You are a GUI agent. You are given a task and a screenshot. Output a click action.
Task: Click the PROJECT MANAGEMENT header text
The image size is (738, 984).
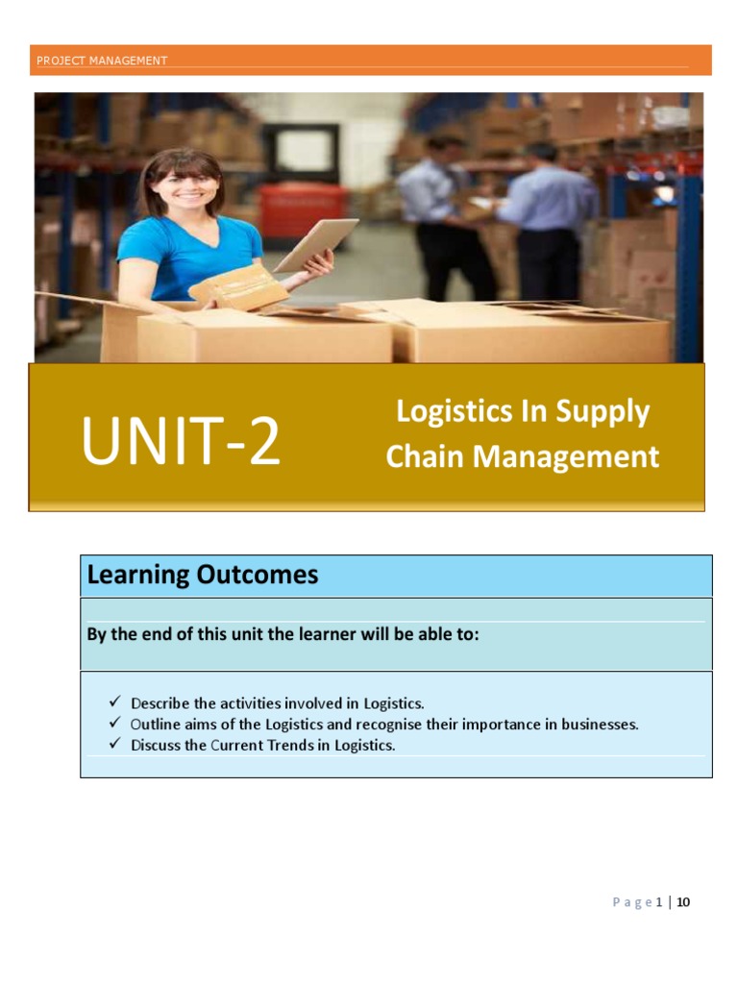[x=102, y=61]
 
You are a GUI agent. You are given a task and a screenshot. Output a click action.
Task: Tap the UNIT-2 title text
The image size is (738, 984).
[x=181, y=442]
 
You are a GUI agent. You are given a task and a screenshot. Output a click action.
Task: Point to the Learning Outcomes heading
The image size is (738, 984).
[x=203, y=576]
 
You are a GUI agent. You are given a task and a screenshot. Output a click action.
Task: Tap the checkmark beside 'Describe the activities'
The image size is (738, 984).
[x=114, y=702]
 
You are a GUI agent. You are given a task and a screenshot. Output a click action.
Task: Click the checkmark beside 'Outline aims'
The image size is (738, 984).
[x=114, y=724]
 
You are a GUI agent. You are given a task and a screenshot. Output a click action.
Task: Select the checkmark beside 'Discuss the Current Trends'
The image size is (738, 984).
[x=114, y=745]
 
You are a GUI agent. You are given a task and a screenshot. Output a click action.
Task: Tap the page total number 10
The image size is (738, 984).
[x=683, y=902]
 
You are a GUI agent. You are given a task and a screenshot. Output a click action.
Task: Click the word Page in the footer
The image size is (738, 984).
[x=632, y=902]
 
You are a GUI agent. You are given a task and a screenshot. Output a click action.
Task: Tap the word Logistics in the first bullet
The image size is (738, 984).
[x=393, y=703]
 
